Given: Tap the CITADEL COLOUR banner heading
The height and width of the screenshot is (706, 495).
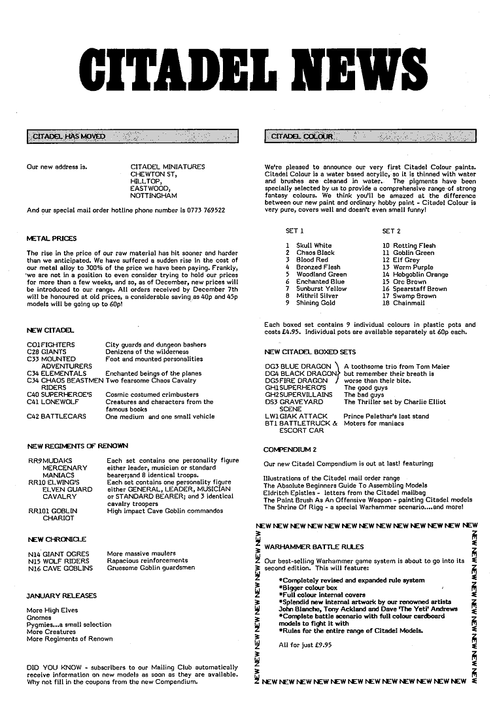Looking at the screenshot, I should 301,137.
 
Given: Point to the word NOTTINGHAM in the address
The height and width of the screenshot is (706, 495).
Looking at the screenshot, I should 154,195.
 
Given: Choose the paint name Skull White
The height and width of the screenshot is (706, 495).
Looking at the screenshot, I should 314,246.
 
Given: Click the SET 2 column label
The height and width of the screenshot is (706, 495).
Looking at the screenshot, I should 391,231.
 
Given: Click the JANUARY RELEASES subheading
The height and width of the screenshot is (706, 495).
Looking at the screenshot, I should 61,596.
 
